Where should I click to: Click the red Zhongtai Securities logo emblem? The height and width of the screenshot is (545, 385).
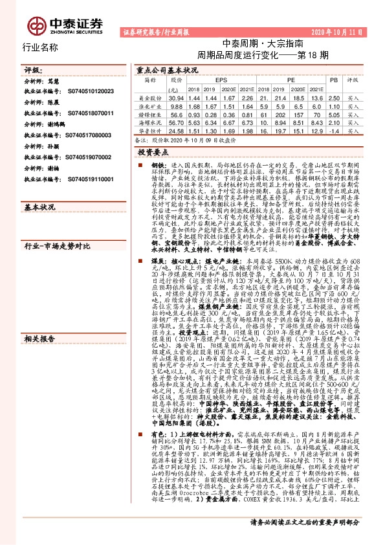click(37, 23)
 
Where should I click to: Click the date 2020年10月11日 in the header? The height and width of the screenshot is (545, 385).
click(341, 31)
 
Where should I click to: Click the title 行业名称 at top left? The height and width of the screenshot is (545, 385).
click(41, 47)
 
